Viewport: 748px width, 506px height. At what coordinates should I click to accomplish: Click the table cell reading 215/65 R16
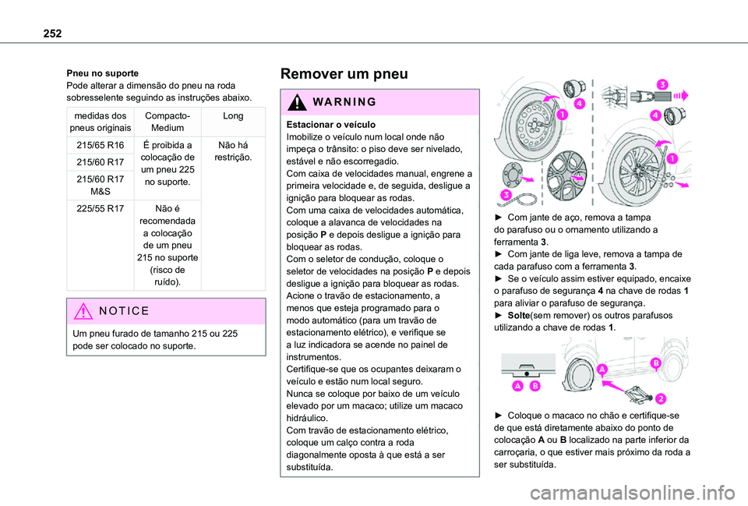pos(100,146)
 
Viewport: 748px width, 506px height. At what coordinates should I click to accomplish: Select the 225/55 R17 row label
pos(100,209)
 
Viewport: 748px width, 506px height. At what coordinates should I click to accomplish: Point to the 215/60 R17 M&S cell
pos(100,185)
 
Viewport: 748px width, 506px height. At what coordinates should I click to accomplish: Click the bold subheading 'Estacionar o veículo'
pos(331,125)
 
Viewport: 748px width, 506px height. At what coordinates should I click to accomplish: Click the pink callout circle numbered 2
pos(659,399)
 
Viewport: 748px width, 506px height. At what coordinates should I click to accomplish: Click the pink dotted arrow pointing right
pos(679,97)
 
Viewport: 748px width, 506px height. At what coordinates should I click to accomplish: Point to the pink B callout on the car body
pos(656,363)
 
